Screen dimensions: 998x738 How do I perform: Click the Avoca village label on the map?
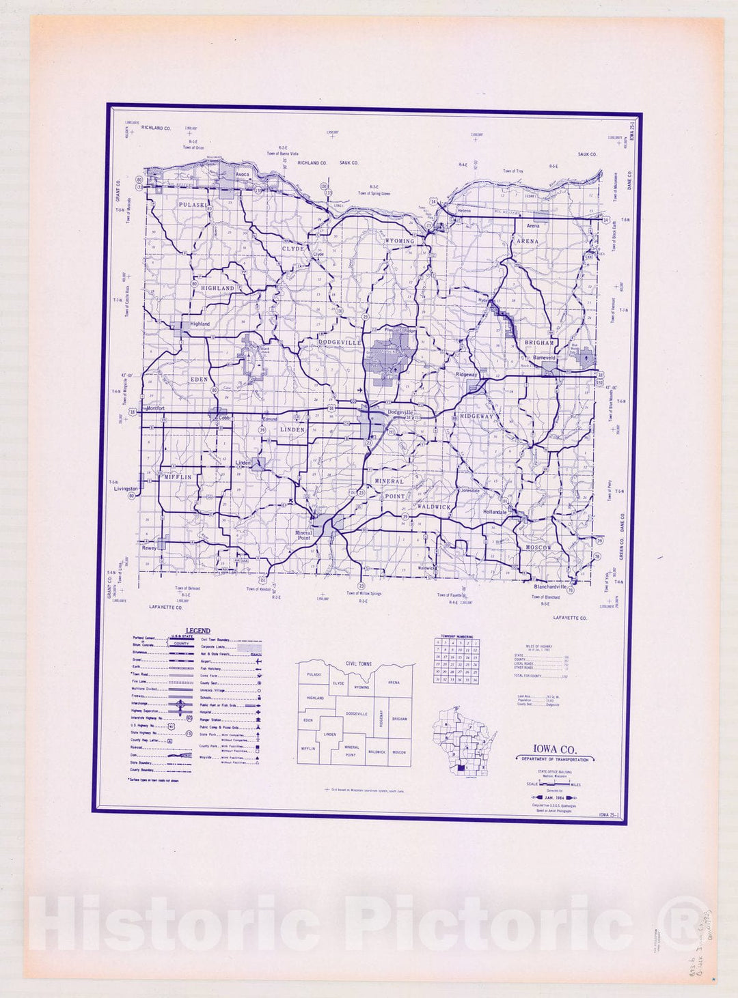242,175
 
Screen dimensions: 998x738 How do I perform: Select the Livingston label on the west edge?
126,489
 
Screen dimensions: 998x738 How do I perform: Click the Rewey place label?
149,547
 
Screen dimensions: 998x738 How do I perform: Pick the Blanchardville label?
550,586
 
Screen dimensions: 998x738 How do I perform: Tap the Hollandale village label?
495,511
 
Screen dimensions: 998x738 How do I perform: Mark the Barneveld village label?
545,356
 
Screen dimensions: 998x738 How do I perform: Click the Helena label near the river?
464,211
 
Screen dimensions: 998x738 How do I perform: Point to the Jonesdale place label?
469,491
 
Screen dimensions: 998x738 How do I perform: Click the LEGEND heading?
198,631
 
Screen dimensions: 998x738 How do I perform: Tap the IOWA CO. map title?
554,750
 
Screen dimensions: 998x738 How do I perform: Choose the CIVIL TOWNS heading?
359,664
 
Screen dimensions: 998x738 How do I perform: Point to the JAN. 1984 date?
554,797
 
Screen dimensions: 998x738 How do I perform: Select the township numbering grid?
456,660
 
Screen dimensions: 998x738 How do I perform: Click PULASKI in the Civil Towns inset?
314,674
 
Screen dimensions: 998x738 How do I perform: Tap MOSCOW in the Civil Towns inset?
399,752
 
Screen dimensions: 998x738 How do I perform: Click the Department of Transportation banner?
554,760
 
